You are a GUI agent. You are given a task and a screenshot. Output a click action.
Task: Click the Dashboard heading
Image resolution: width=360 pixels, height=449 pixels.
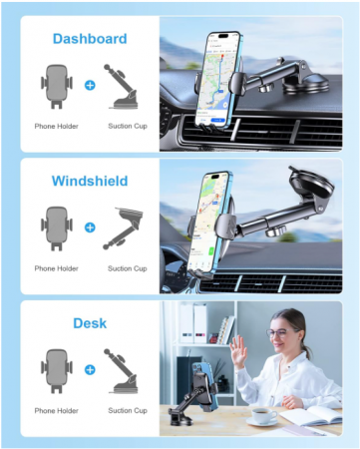(x=89, y=39)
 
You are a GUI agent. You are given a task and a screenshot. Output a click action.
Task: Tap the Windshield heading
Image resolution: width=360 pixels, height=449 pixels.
(x=90, y=182)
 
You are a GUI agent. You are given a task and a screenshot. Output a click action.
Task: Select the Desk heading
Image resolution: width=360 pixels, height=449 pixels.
(x=90, y=323)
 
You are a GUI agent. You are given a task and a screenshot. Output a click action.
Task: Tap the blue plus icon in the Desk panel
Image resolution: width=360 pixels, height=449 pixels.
(x=90, y=369)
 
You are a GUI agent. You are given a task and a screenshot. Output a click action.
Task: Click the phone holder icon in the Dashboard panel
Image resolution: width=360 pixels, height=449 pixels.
(x=56, y=85)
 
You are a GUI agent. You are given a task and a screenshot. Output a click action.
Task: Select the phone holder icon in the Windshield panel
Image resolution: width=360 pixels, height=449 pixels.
(x=56, y=227)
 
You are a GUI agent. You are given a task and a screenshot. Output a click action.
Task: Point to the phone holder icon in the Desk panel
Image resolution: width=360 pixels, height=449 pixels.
(x=56, y=369)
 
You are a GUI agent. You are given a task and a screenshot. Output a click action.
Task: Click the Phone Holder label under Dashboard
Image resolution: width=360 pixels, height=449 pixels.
(x=56, y=127)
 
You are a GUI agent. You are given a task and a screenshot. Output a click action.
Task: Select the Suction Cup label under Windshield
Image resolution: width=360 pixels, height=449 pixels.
(x=127, y=268)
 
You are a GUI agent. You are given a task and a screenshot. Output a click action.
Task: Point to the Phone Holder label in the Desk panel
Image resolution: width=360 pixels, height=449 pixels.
(x=56, y=410)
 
